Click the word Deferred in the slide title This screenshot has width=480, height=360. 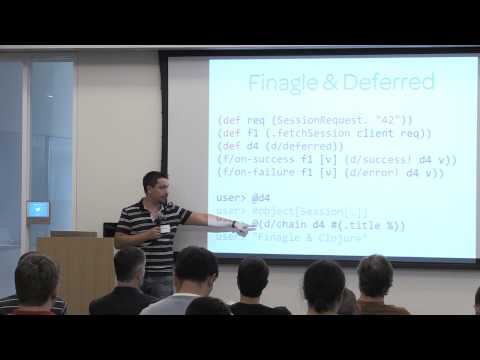(x=389, y=82)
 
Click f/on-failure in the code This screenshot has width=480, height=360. (x=255, y=173)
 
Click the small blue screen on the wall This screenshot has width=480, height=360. (x=38, y=210)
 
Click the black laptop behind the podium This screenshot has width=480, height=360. (x=110, y=230)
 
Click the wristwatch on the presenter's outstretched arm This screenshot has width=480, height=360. (x=233, y=223)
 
